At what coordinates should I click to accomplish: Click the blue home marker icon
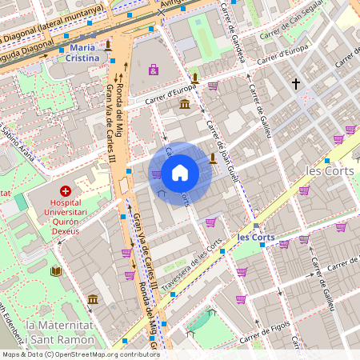[x=180, y=173]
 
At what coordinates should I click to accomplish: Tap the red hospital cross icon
[x=65, y=192]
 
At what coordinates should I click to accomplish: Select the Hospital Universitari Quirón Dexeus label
[x=66, y=217]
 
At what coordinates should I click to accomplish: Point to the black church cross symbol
[x=295, y=83]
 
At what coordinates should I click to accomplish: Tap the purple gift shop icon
[x=153, y=70]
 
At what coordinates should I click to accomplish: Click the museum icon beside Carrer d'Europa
[x=185, y=105]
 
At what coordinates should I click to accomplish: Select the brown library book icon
[x=55, y=272]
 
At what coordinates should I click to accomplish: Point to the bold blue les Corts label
[x=256, y=238]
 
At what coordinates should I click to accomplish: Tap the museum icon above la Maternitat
[x=93, y=299]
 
